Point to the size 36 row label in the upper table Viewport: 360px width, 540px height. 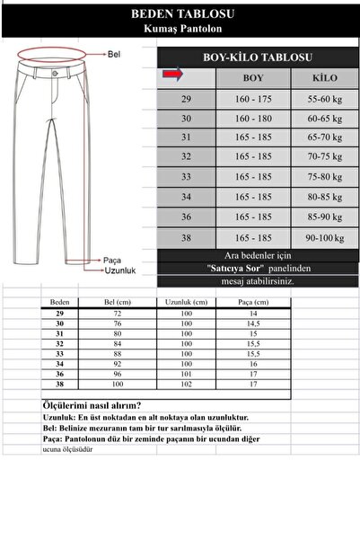(x=186, y=217)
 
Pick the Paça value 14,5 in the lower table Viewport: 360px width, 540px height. (x=254, y=323)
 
